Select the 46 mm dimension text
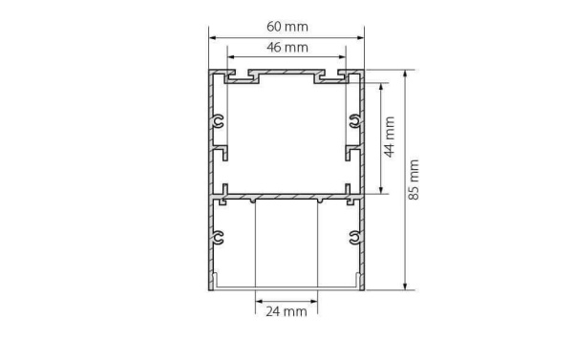286,48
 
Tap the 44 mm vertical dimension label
390,138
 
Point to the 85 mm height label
414,179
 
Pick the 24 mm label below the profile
286,311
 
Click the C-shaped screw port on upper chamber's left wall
221,121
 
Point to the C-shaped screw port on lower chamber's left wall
221,237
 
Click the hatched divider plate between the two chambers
286,197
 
